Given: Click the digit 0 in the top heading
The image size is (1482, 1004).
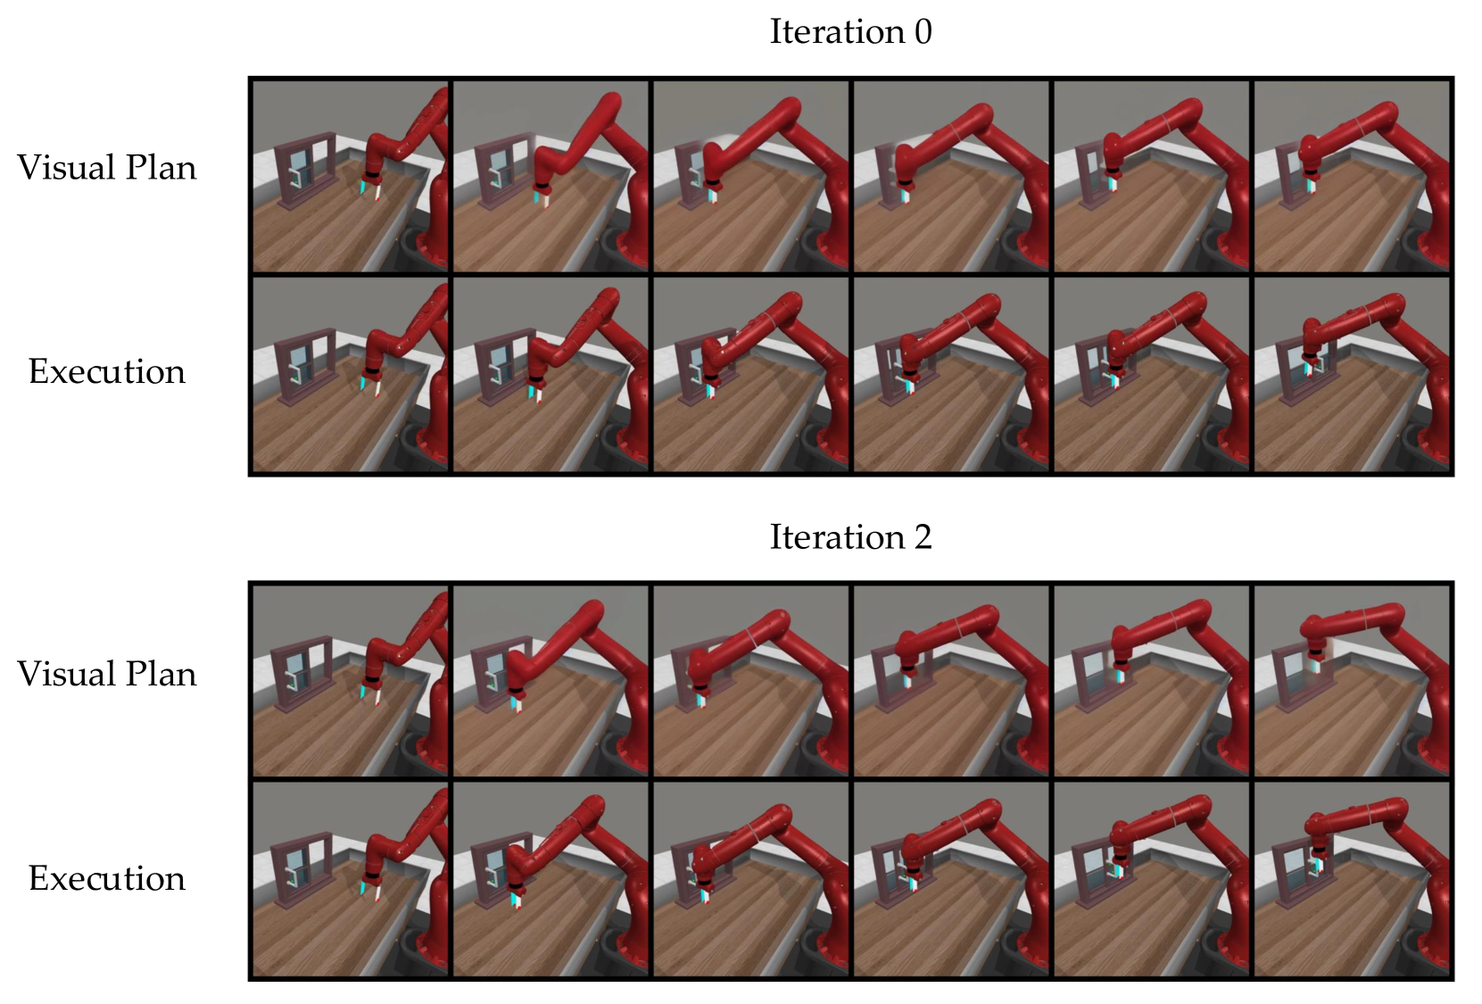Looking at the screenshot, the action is coord(923,32).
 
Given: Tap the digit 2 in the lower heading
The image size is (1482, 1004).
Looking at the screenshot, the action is coord(923,536).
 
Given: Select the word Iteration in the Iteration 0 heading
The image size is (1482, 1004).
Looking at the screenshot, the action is coord(837,32).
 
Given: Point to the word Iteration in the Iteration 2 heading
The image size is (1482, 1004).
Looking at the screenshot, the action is coord(837,536).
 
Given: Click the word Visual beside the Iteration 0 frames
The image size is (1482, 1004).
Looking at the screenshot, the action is coord(65,167).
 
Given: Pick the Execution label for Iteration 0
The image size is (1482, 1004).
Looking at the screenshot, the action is coord(106,371).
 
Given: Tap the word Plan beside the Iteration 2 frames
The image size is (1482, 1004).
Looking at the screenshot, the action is coord(161,674).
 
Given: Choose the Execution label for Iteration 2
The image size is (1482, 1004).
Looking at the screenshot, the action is coord(106,877).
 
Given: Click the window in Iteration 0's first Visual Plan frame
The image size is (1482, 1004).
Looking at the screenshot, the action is coord(306,170).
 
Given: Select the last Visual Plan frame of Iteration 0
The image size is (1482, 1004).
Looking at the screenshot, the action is coord(1352,176).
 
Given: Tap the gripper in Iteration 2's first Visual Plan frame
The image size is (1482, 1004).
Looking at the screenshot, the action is coord(370,690).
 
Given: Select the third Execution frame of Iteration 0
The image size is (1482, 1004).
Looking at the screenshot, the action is coord(751,375).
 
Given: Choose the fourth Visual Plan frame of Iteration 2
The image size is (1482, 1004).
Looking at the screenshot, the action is coord(951,681).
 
